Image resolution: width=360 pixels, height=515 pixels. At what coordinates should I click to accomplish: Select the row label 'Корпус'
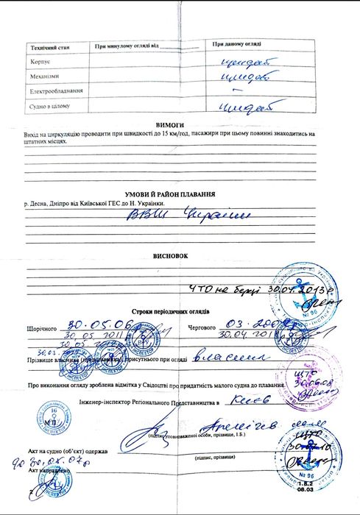click(40, 62)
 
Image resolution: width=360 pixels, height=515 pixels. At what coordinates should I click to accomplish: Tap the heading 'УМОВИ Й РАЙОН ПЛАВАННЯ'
click(169, 193)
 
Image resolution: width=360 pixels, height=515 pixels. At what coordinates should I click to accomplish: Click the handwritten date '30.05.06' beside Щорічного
click(90, 323)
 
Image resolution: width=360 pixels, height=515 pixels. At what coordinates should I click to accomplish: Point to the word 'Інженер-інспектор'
click(105, 404)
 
